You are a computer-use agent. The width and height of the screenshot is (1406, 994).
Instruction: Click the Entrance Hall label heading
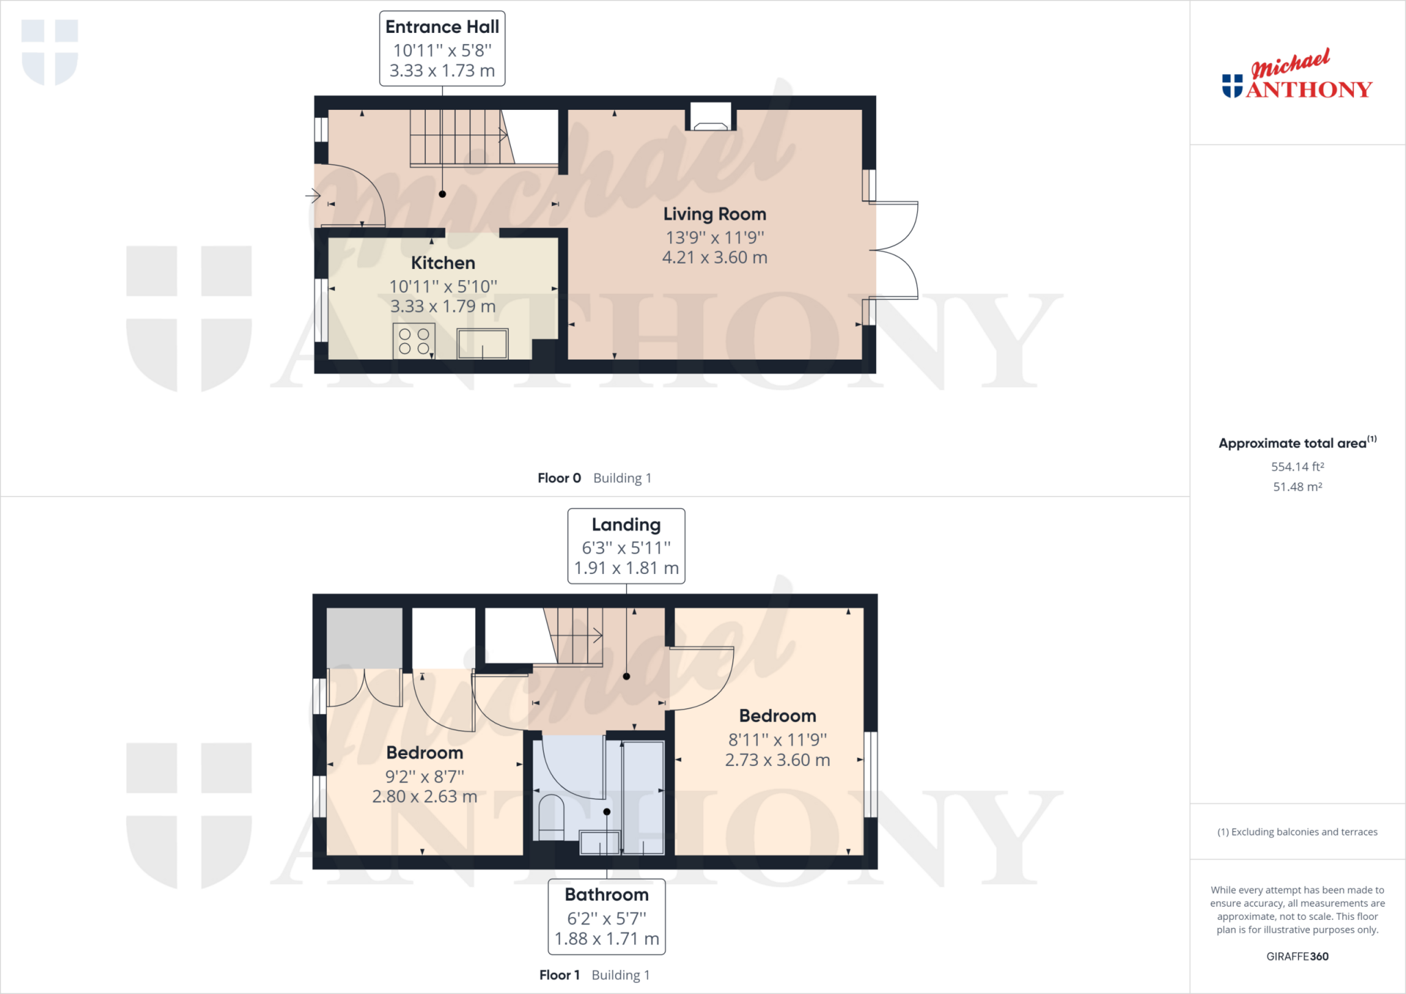[x=442, y=27]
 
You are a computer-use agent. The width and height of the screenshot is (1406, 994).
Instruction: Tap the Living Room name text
[x=715, y=214]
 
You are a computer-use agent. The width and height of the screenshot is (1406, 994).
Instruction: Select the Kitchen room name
[x=443, y=263]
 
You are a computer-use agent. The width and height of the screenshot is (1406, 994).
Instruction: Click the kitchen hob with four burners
[x=414, y=341]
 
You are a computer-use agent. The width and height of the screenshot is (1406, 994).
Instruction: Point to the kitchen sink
[x=483, y=343]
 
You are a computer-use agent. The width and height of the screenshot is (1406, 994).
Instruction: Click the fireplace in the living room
[x=711, y=117]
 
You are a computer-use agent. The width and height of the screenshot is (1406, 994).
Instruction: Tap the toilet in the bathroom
[x=551, y=817]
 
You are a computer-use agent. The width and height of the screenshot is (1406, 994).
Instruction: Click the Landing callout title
[x=626, y=525]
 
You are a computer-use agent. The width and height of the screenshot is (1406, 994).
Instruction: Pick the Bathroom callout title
[x=607, y=895]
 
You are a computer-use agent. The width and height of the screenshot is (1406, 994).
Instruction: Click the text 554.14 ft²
[x=1298, y=467]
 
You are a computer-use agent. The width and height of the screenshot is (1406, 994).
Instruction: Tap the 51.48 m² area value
[x=1298, y=487]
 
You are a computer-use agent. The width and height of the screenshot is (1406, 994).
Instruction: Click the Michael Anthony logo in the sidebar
[x=1297, y=76]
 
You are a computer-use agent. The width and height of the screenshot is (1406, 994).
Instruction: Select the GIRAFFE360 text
[x=1298, y=956]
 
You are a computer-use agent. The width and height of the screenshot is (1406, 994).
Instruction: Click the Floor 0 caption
[x=559, y=478]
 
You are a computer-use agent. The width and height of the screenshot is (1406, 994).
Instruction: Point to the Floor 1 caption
[x=560, y=975]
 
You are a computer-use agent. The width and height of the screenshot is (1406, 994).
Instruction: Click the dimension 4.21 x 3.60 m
[x=715, y=257]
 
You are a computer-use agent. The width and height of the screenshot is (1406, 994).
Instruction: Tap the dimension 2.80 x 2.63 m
[x=424, y=796]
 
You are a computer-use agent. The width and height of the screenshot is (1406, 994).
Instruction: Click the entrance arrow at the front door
[x=313, y=196]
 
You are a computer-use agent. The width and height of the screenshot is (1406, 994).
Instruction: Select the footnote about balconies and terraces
[x=1298, y=832]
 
